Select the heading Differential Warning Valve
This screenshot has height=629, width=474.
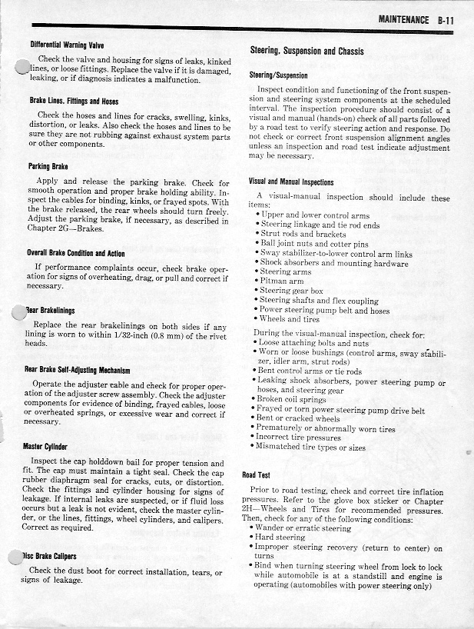coord(67,45)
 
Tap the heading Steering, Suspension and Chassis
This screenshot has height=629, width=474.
coord(307,52)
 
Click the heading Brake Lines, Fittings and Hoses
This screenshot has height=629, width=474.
coord(73,101)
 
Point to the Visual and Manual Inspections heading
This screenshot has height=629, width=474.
coord(291,182)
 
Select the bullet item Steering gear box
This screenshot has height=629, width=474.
coord(291,291)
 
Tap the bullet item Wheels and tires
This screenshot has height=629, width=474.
coord(291,319)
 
